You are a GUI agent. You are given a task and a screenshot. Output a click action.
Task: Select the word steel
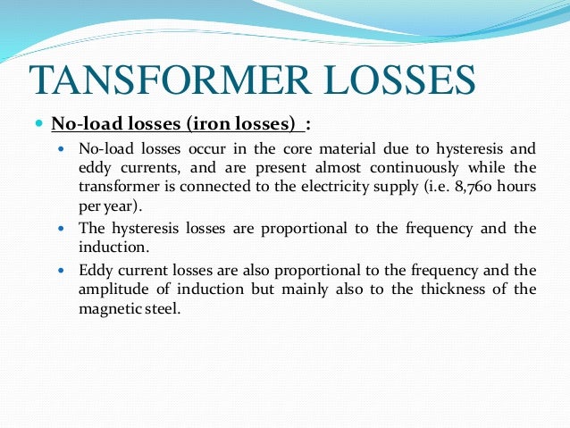click(x=162, y=307)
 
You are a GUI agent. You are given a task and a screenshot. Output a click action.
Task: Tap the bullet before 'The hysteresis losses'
click(x=61, y=229)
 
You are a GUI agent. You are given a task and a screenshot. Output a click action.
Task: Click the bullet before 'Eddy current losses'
click(x=61, y=269)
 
